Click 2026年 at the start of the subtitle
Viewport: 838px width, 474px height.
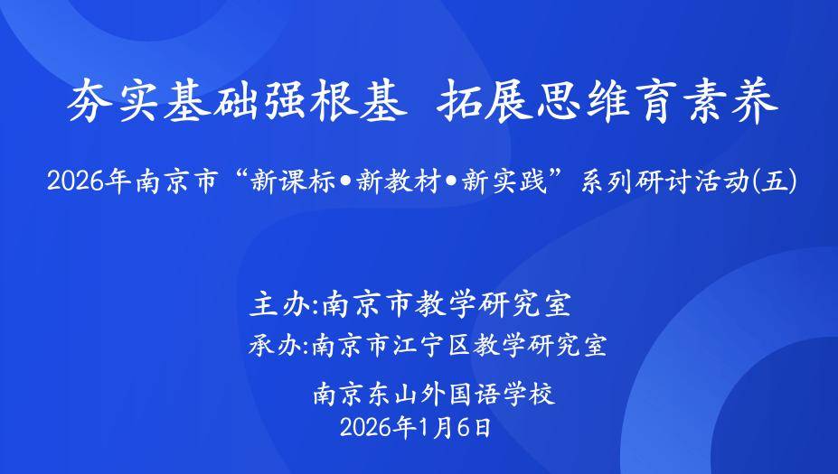(x=89, y=181)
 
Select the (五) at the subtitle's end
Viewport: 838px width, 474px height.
(x=775, y=181)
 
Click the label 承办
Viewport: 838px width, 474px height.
(x=274, y=346)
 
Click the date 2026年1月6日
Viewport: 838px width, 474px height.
(x=415, y=428)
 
